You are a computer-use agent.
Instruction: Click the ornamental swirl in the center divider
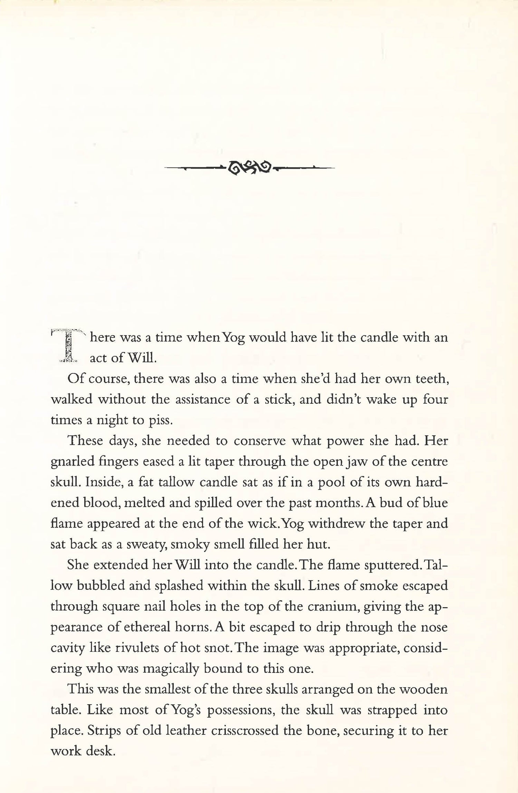(250, 168)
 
